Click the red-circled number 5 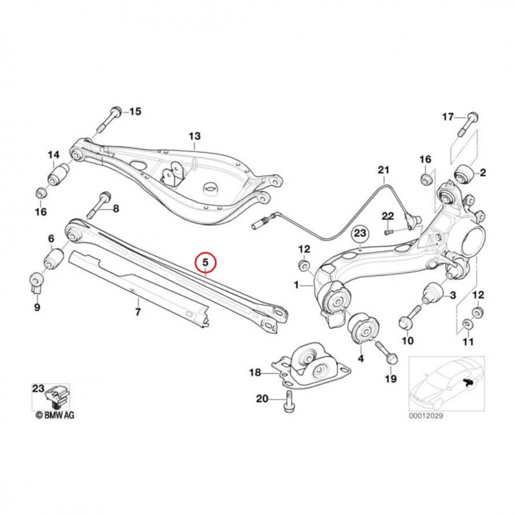tap(205, 263)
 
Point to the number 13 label tap(194, 136)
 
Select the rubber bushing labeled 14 tap(59, 174)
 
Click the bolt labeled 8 tap(101, 205)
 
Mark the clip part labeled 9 tap(37, 283)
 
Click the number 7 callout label tap(137, 312)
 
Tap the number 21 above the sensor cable tap(384, 170)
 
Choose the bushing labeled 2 tap(464, 173)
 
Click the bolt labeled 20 tap(288, 402)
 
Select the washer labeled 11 tap(467, 323)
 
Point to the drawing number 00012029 tap(426, 416)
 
